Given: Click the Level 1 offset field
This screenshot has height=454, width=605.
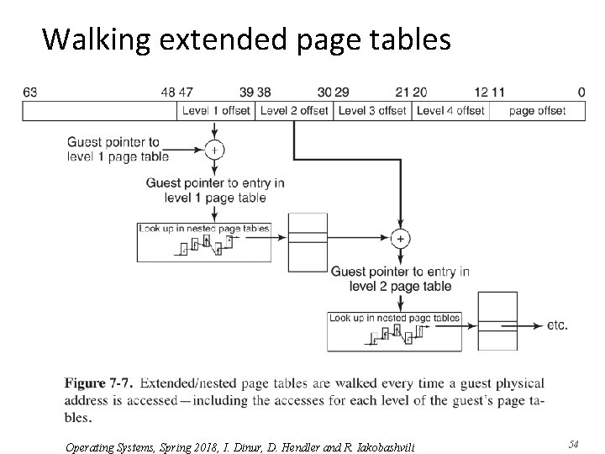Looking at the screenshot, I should [x=216, y=110].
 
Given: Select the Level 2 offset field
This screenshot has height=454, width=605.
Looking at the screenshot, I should [x=293, y=110].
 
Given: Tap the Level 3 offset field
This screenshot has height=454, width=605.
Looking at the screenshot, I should [x=371, y=110].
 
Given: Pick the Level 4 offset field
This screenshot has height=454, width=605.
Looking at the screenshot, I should [x=450, y=110].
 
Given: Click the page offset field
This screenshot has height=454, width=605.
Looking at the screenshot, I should [x=537, y=110].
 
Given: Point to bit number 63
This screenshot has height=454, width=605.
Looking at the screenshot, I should [x=29, y=92].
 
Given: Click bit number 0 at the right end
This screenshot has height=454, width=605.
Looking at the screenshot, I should [x=581, y=92].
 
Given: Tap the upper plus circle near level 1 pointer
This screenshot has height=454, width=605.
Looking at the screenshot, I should [x=216, y=150].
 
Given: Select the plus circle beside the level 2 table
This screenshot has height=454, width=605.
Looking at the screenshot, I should [x=401, y=239].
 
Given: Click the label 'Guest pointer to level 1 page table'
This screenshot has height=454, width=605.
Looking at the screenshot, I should [x=118, y=149].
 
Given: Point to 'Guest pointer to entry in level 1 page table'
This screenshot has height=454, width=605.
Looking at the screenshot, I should [x=215, y=190].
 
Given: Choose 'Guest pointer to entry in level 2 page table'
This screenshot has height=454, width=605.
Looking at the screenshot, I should [x=401, y=278].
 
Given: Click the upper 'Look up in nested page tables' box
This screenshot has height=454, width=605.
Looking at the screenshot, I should [x=204, y=241].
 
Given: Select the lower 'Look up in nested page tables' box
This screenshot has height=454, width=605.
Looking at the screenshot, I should [x=395, y=331].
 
